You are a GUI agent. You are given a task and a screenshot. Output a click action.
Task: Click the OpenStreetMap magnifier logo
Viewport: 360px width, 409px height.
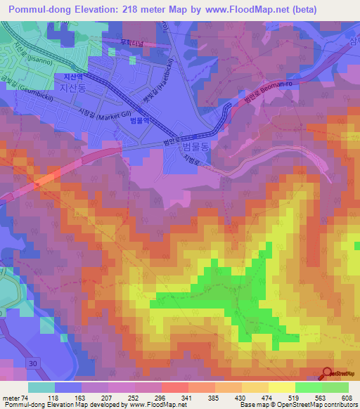coord(327,374)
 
